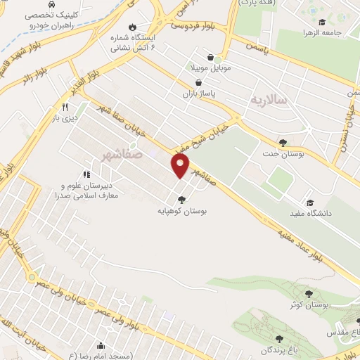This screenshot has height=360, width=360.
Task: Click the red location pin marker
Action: [181, 165]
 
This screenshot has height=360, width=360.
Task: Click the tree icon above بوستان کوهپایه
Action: [182, 199]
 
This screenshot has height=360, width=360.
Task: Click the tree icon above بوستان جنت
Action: [283, 142]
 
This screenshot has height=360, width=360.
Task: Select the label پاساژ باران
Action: [198, 93]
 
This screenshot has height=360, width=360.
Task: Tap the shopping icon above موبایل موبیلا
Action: [210, 58]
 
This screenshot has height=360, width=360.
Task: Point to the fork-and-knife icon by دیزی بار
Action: [64, 107]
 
